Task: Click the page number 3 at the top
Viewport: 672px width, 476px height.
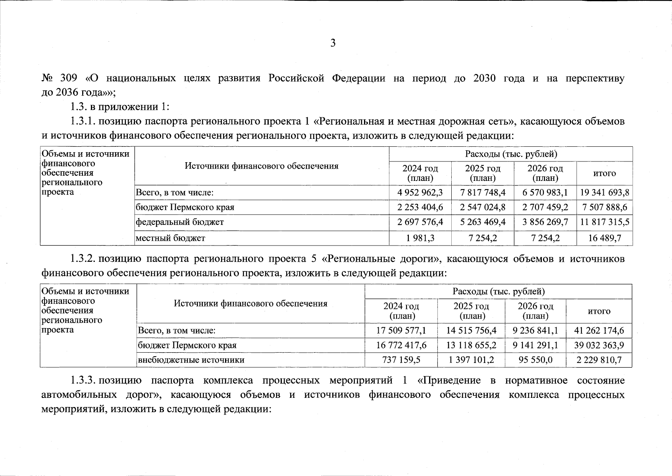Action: click(333, 43)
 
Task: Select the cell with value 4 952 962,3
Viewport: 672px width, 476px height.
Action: click(420, 193)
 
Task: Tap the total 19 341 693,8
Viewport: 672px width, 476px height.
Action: click(605, 193)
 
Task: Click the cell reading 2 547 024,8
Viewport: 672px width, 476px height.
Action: click(483, 207)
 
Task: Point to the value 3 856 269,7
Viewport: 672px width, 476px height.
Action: click(545, 222)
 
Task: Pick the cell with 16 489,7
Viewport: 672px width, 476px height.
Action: click(605, 238)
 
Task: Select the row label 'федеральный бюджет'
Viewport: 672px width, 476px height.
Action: click(180, 222)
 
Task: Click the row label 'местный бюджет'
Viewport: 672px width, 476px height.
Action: click(171, 238)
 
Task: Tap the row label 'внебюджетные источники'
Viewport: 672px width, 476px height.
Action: click(191, 360)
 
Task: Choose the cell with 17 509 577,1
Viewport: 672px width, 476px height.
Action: click(401, 330)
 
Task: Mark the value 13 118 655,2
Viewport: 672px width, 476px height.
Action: click(471, 345)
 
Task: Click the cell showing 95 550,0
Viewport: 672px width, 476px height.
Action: click(535, 360)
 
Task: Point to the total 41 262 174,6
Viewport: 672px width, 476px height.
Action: click(599, 330)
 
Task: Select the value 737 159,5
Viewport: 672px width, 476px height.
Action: click(401, 360)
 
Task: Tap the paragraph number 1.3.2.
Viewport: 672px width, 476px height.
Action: click(82, 259)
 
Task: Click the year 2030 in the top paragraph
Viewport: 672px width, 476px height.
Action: click(484, 78)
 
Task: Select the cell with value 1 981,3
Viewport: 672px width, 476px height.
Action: click(420, 238)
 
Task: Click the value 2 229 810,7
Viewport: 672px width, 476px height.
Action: click(599, 360)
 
